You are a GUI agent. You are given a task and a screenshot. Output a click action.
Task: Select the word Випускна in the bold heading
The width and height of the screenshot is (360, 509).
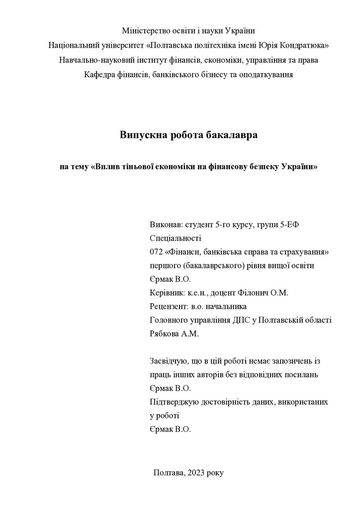pos(142,135)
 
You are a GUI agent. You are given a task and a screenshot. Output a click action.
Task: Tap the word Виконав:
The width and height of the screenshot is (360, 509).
pos(166,225)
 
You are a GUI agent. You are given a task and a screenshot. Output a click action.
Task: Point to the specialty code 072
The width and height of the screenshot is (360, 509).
pos(156,252)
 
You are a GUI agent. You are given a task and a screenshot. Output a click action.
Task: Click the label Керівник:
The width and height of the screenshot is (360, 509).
pos(168,293)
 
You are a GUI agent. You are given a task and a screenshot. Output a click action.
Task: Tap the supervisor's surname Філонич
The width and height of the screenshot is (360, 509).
pos(254,293)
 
